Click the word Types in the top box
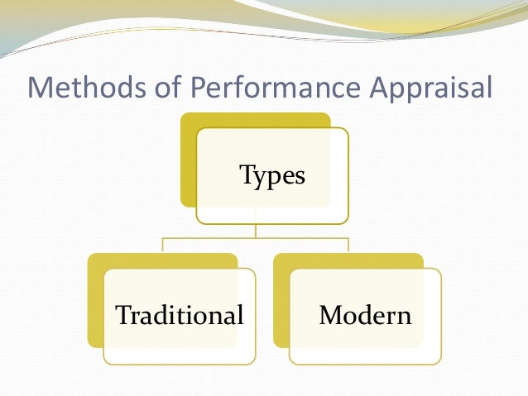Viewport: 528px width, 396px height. pyautogui.click(x=272, y=175)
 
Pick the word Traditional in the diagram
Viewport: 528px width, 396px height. pyautogui.click(x=180, y=315)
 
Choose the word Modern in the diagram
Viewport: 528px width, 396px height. pyautogui.click(x=365, y=315)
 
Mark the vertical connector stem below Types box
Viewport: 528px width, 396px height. pyautogui.click(x=256, y=231)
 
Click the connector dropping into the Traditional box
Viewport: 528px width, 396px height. pyautogui.click(x=163, y=246)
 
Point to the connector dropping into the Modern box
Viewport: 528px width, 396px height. pyautogui.click(x=348, y=246)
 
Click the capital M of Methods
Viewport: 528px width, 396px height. pyautogui.click(x=41, y=87)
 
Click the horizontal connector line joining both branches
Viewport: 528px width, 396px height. pyautogui.click(x=256, y=239)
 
